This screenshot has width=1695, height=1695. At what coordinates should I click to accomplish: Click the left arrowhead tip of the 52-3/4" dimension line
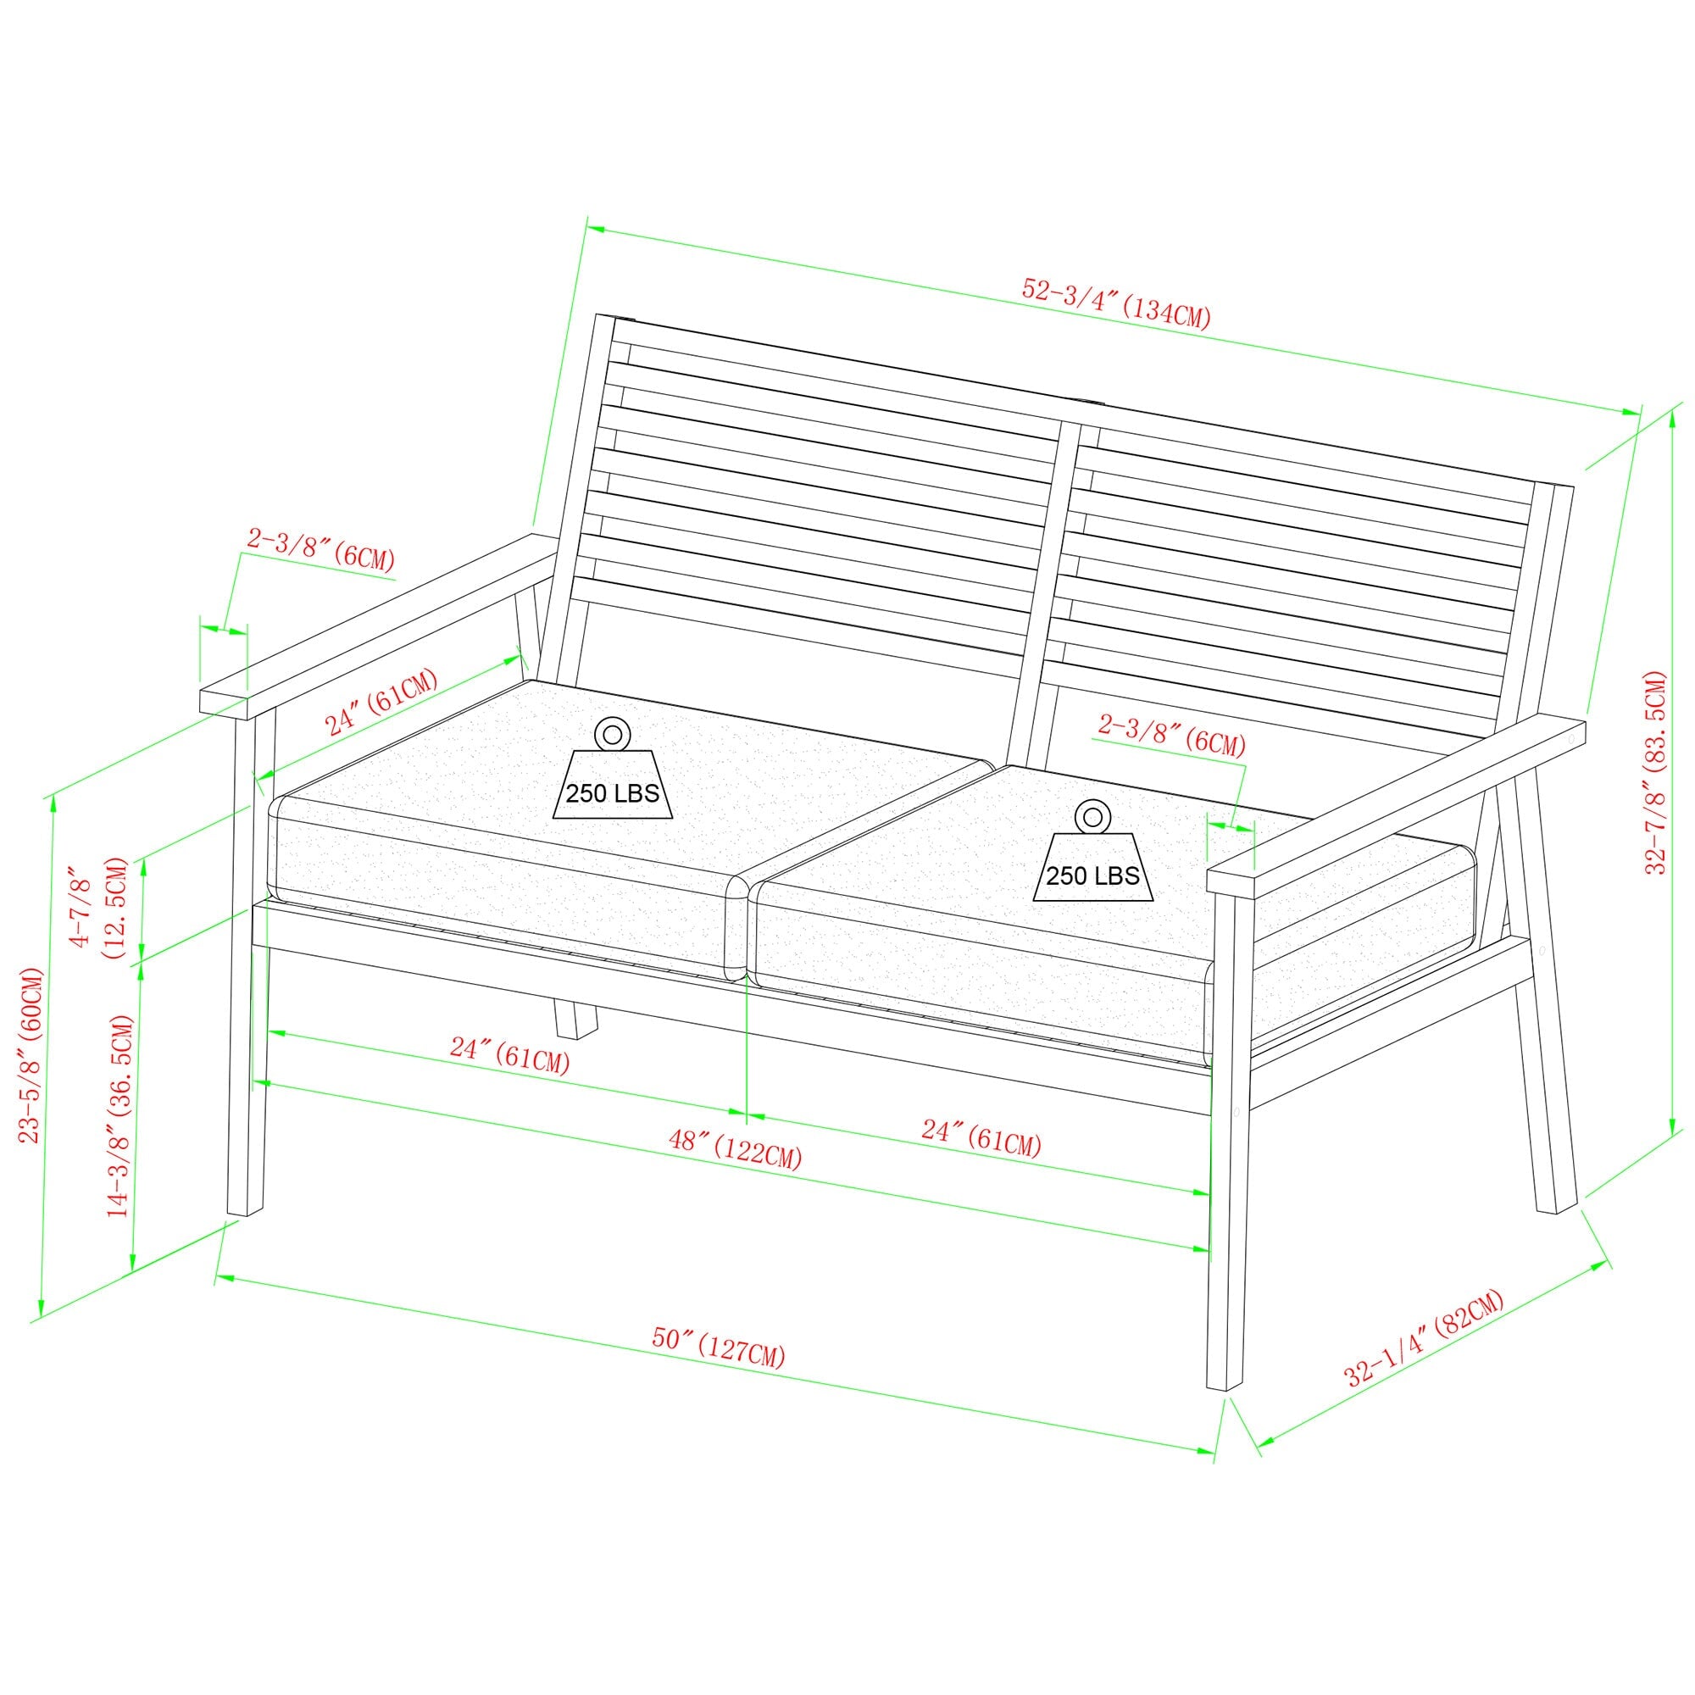tap(587, 227)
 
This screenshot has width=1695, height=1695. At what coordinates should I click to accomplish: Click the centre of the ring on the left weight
tap(612, 732)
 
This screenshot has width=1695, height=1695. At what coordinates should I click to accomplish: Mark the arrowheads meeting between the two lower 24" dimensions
tap(746, 1115)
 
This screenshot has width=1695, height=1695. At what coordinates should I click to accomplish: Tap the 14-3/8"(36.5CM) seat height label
tap(119, 1115)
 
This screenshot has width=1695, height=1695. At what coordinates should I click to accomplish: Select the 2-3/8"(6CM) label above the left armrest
tap(320, 548)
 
